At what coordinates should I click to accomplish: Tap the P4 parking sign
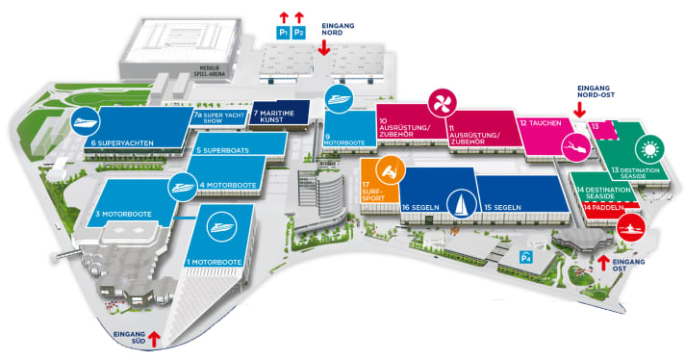click(x=525, y=257)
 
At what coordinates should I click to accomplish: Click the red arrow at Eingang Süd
click(x=153, y=338)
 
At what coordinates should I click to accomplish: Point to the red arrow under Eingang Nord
click(x=323, y=44)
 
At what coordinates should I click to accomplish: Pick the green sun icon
click(x=648, y=150)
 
